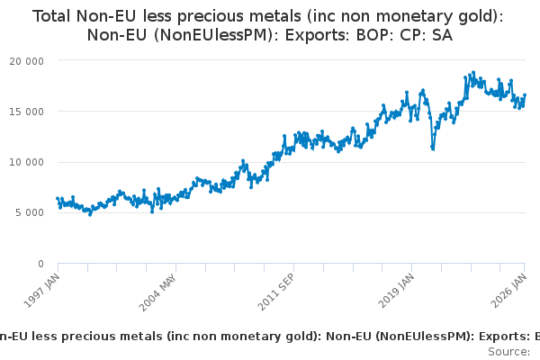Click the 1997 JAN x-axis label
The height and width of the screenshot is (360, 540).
pyautogui.click(x=44, y=286)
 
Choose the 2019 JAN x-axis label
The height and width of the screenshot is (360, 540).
pyautogui.click(x=397, y=287)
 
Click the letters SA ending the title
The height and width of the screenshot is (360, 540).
pyautogui.click(x=442, y=36)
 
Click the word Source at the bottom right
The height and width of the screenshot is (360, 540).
pyautogui.click(x=509, y=350)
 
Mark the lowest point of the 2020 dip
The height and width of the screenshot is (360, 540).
pyautogui.click(x=433, y=148)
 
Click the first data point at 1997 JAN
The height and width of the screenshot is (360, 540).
pyautogui.click(x=58, y=198)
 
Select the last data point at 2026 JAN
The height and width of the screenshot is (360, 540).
pyautogui.click(x=525, y=95)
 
